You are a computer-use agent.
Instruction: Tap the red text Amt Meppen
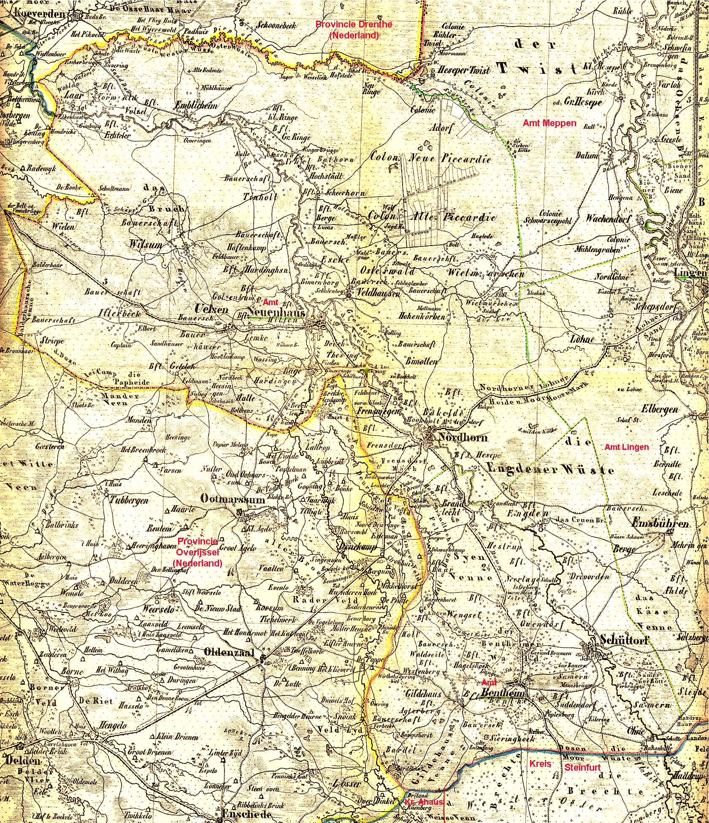tap(549, 123)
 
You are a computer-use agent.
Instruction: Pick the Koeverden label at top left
tap(40, 14)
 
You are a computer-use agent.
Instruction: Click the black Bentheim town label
tap(502, 694)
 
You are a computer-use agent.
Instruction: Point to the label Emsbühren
tap(661, 524)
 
